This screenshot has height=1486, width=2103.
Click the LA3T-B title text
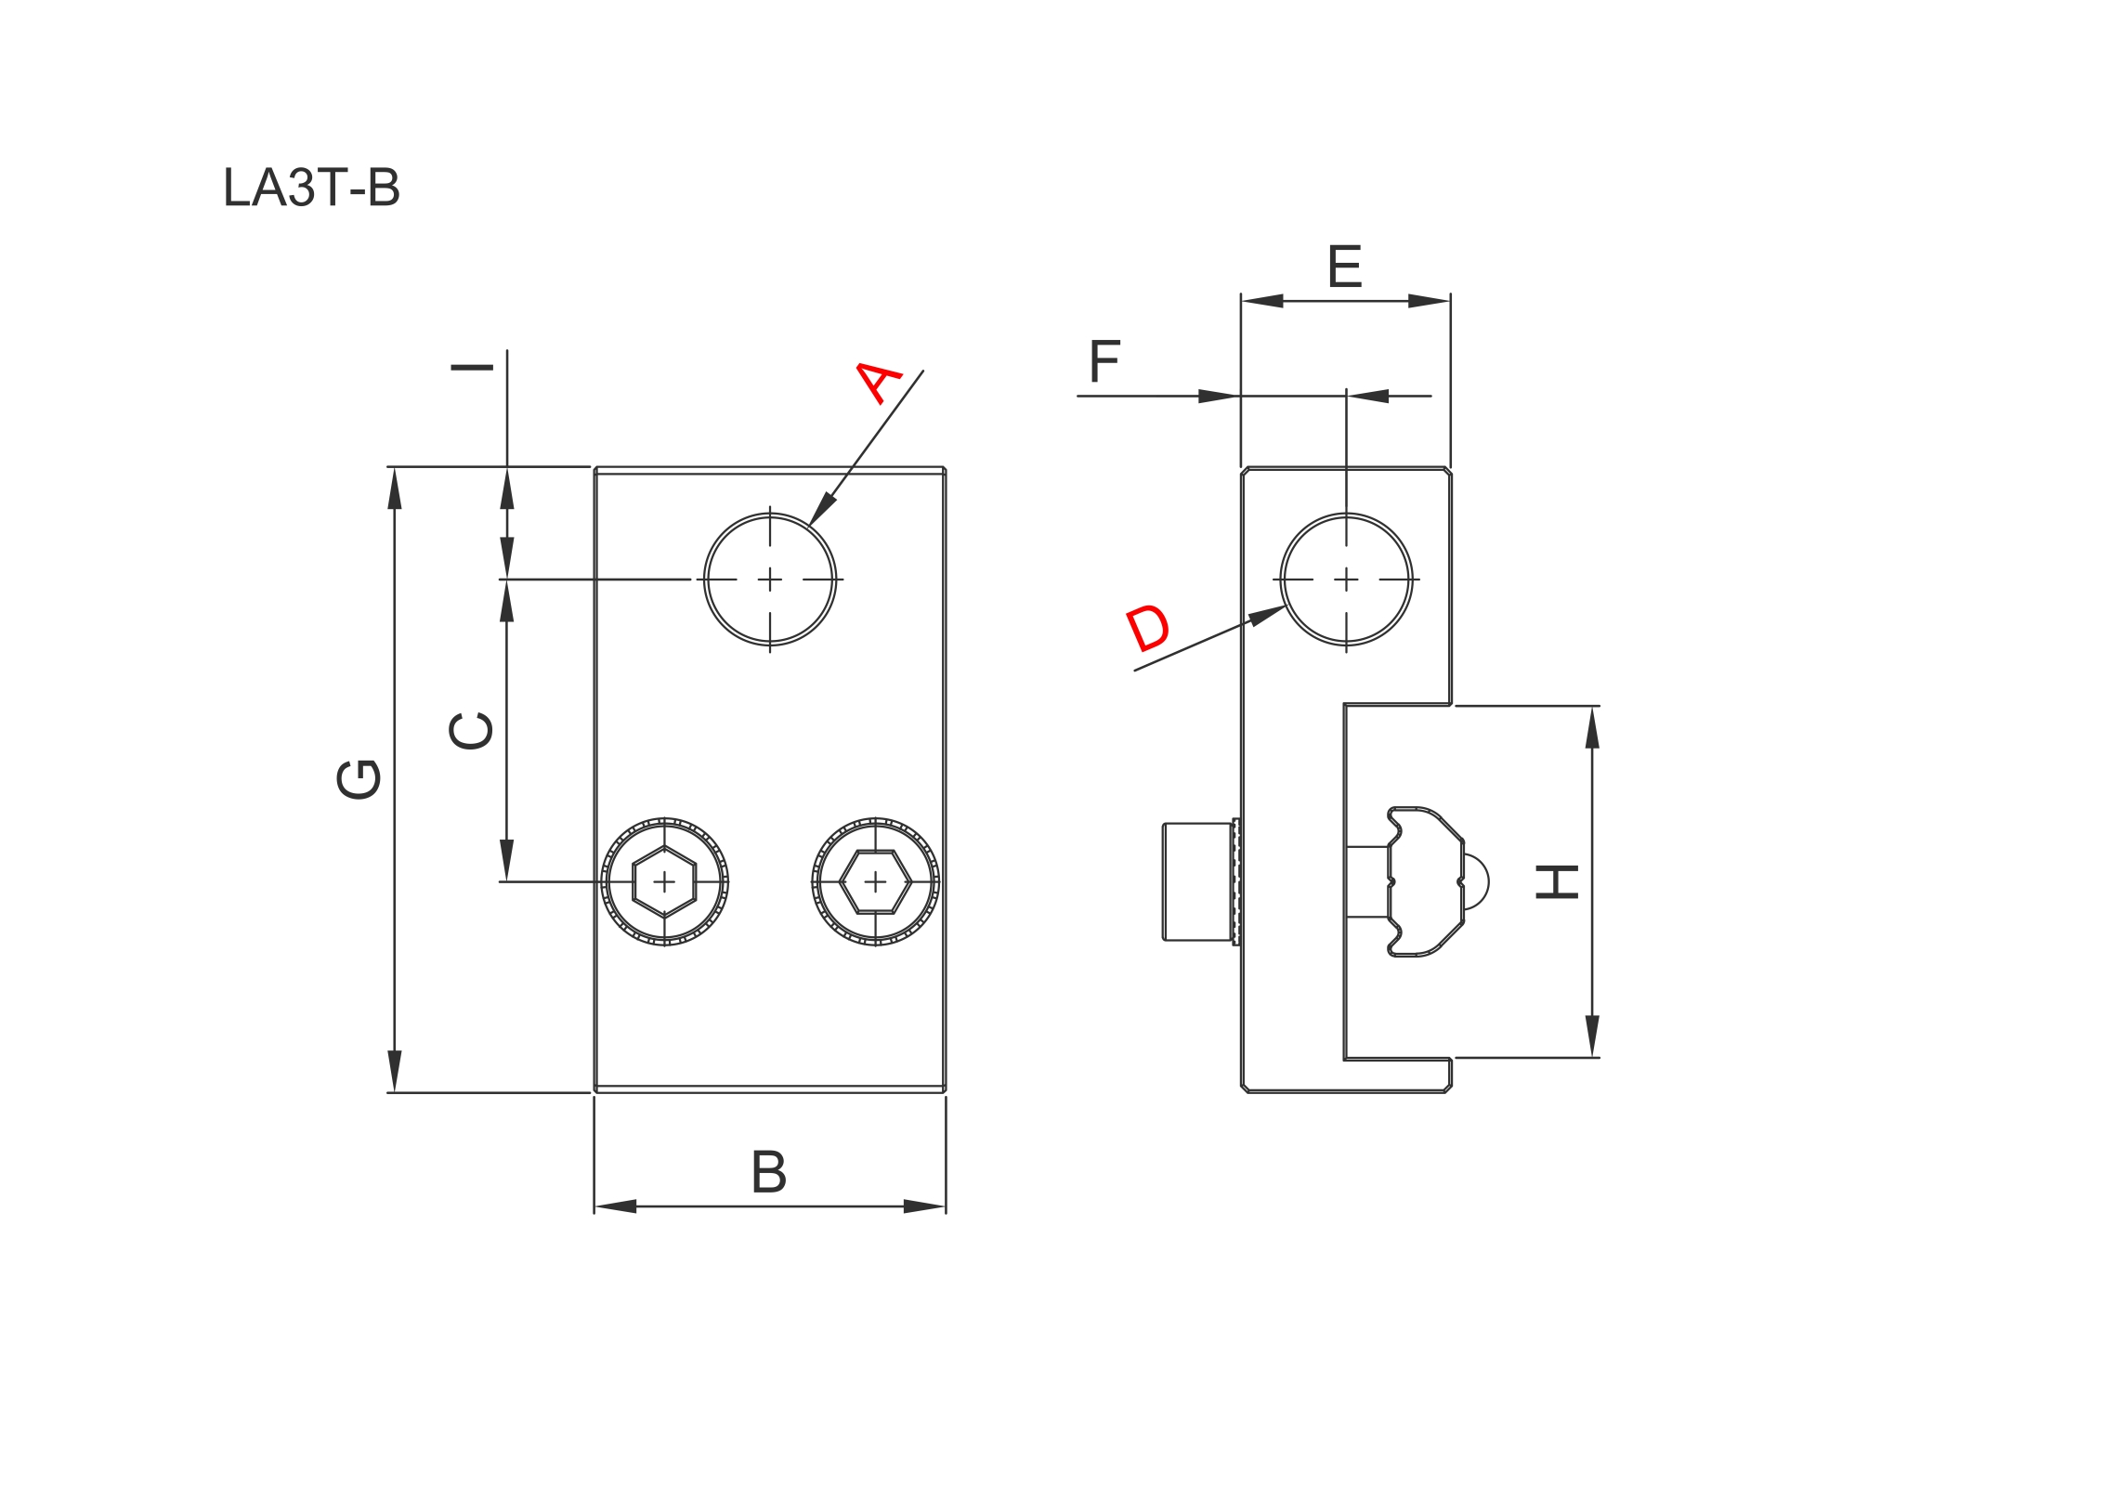[x=311, y=188]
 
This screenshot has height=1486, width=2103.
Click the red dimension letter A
[x=877, y=383]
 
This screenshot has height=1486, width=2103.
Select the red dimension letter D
[x=1147, y=629]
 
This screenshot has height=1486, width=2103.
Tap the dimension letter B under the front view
[x=768, y=1172]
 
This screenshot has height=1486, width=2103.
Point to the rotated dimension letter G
[x=359, y=778]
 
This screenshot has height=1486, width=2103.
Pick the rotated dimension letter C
[x=471, y=730]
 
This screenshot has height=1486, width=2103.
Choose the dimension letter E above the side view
[x=1344, y=267]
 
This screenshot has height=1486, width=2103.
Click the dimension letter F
[x=1104, y=361]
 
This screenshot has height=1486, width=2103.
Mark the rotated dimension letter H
[x=1557, y=881]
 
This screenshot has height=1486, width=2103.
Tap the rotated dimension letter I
[x=472, y=368]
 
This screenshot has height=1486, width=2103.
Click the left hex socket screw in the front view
[x=664, y=881]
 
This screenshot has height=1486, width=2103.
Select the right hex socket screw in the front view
[x=875, y=881]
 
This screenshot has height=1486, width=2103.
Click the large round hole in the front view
[x=770, y=580]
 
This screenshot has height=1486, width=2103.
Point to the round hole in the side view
[x=1346, y=580]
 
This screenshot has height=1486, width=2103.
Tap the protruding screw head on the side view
[x=1198, y=881]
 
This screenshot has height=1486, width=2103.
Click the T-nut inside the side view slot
[x=1426, y=881]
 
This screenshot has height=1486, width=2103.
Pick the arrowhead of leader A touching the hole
[x=820, y=513]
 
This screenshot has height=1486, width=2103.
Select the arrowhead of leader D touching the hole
[x=1269, y=615]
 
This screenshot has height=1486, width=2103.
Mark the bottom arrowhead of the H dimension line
[x=1592, y=1036]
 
